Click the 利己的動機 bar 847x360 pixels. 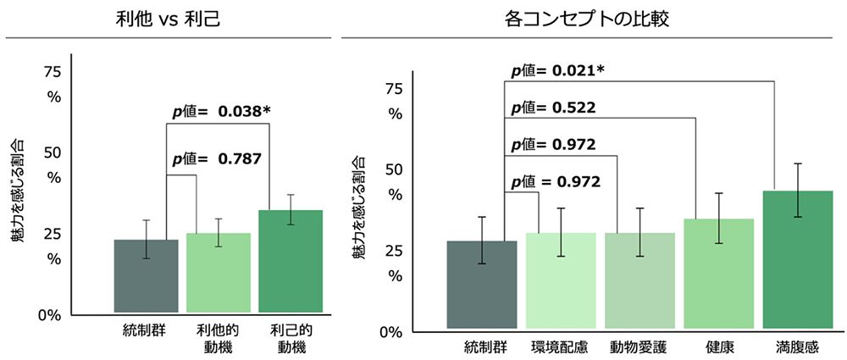pos(291,262)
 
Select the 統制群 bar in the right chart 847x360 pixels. pos(482,285)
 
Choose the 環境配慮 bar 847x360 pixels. pos(560,280)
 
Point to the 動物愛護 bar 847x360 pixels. pos(639,280)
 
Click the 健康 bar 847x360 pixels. pos(718,274)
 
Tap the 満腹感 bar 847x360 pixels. pos(798,259)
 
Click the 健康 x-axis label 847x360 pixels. pos(718,347)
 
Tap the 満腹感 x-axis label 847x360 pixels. pos(798,347)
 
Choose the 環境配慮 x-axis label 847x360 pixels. pos(560,347)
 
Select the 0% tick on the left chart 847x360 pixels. pos(52,315)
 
